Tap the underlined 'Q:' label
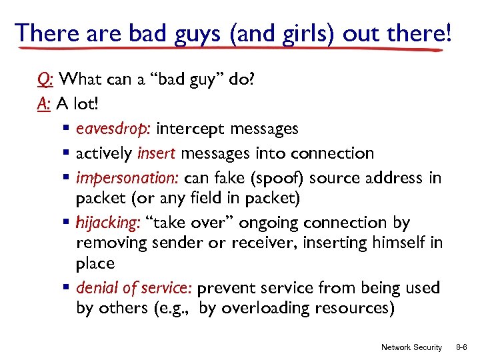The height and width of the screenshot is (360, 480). [x=45, y=80]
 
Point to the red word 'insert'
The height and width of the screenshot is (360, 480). [x=157, y=153]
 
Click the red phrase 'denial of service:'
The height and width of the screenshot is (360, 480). [x=135, y=288]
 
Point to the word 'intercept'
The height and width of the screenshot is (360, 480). [x=189, y=128]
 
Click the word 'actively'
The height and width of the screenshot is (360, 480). [x=105, y=153]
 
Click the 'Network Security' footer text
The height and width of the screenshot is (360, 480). [x=411, y=347]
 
